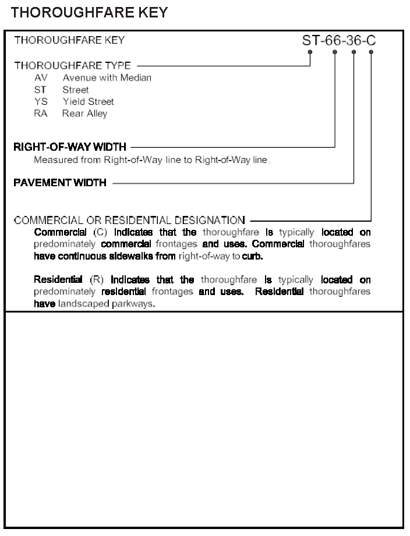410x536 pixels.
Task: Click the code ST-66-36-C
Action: coord(340,41)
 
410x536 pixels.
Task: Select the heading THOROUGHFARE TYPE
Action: coord(73,65)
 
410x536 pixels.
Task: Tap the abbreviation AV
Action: coord(41,78)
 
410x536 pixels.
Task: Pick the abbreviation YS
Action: coord(41,102)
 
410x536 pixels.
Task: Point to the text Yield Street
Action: coord(89,102)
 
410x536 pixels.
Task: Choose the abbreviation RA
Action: coord(41,113)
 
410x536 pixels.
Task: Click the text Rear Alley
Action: coord(85,113)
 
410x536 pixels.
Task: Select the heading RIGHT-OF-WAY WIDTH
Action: coord(69,147)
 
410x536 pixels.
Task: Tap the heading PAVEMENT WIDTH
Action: coord(60,183)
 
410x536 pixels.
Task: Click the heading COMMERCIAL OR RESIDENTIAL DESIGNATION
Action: coord(129,220)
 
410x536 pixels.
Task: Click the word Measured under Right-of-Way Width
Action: coord(54,159)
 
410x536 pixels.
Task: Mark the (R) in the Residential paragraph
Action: coord(96,281)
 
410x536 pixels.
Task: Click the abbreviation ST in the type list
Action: coord(41,90)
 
